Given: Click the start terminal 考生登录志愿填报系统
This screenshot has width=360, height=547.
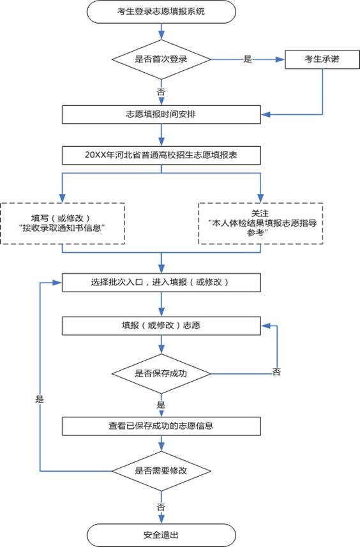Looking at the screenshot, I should pyautogui.click(x=161, y=11).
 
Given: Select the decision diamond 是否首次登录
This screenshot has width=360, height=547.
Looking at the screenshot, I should pyautogui.click(x=161, y=59).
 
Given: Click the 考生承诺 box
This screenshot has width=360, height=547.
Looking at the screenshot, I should pyautogui.click(x=322, y=59).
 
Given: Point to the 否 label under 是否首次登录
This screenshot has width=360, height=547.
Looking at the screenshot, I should pyautogui.click(x=161, y=92).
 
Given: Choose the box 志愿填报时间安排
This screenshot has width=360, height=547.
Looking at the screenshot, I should pyautogui.click(x=161, y=114).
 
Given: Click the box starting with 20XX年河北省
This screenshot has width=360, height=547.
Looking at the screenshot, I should pyautogui.click(x=161, y=155).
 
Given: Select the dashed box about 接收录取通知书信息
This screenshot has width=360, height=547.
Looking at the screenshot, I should pyautogui.click(x=63, y=223).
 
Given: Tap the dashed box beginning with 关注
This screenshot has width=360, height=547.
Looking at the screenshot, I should pyautogui.click(x=260, y=223).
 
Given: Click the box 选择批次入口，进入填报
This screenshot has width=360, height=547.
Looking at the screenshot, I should pyautogui.click(x=161, y=282).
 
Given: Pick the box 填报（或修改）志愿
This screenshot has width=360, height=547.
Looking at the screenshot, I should pyautogui.click(x=161, y=325).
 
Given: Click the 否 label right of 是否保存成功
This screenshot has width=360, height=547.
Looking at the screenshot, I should pyautogui.click(x=276, y=371).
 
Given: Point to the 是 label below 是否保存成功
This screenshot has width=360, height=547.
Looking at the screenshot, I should pyautogui.click(x=161, y=405).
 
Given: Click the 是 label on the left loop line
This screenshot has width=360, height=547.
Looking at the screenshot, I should pyautogui.click(x=40, y=398).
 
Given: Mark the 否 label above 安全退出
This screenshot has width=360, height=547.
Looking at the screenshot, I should pyautogui.click(x=161, y=506).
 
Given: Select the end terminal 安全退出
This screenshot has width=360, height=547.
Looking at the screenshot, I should pyautogui.click(x=161, y=534).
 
